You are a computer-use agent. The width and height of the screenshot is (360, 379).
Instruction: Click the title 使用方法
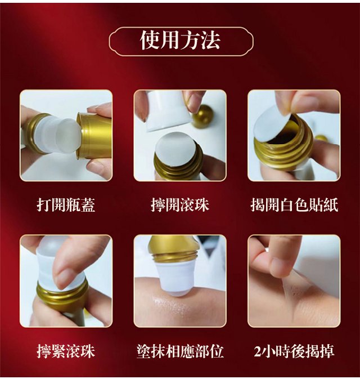[x=180, y=41]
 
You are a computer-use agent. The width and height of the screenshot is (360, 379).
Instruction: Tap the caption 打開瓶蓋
[x=66, y=205]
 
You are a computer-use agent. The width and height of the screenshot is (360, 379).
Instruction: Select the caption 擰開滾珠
[x=180, y=205]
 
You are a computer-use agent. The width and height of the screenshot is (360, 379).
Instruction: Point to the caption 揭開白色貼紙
[x=294, y=205]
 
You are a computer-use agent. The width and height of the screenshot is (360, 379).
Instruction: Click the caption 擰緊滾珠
[x=66, y=351]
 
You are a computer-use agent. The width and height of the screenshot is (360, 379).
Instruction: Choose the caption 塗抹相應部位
[x=180, y=351]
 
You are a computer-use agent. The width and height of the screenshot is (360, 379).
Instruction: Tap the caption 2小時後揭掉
[x=294, y=351]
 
